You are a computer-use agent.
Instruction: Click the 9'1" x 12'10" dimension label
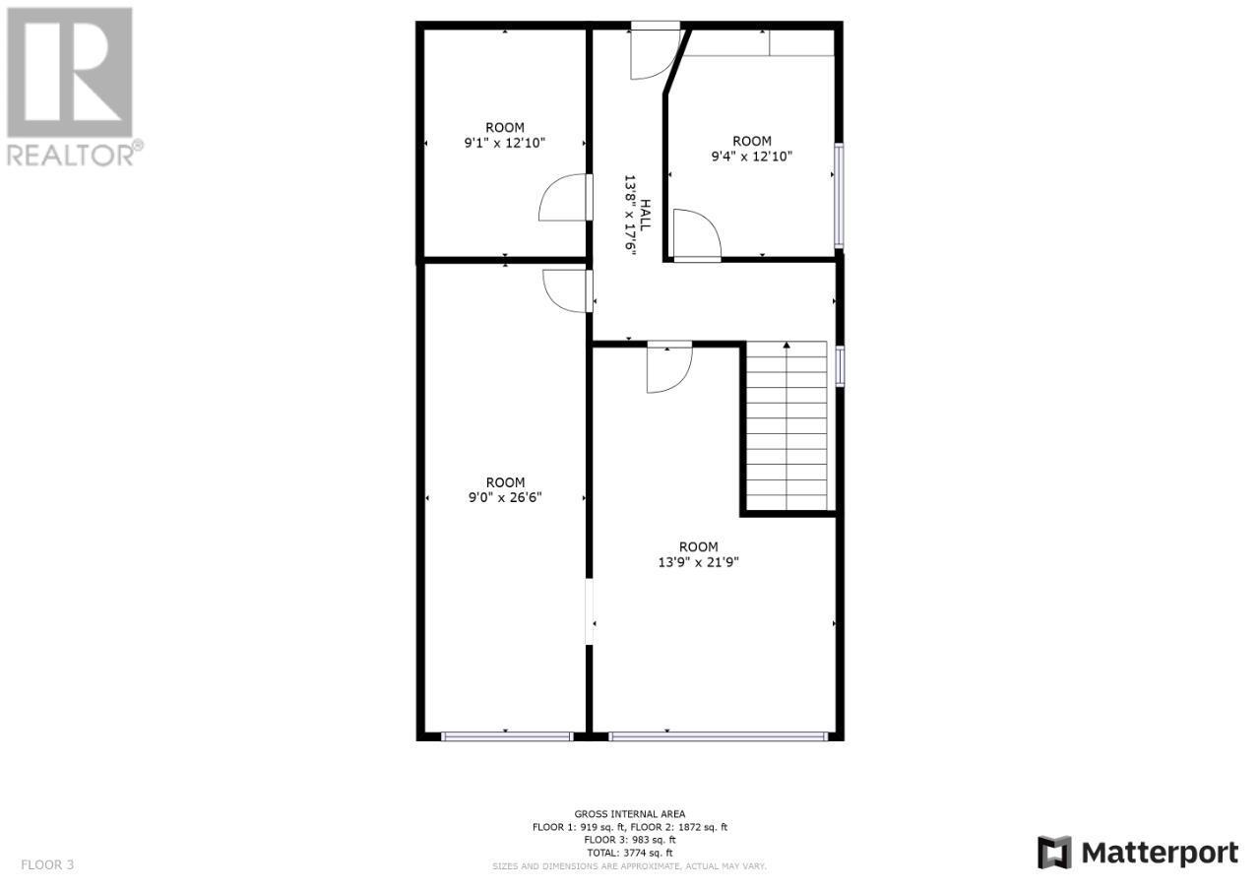coord(504,143)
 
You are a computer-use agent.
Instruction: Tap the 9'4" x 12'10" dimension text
coord(751,156)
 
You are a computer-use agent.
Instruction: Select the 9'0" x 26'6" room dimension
coord(505,497)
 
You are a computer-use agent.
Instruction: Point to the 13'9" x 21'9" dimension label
coord(698,562)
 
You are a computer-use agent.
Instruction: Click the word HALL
coord(646,216)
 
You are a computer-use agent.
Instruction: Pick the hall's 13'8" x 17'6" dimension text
coord(630,216)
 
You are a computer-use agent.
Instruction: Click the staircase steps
coord(787,428)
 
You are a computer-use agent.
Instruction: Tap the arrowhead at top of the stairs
coord(787,346)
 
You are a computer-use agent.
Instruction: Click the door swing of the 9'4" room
coord(697,235)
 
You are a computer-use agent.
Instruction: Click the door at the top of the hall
coord(652,53)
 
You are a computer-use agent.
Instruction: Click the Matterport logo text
coord(1139,852)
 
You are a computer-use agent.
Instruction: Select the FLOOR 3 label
coord(47,865)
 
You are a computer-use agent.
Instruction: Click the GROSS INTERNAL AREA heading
coord(630,813)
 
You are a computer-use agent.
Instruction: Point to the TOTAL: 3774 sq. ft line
coord(630,853)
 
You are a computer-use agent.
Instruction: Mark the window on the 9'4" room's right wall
coord(839,195)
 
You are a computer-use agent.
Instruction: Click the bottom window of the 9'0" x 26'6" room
coord(507,735)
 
